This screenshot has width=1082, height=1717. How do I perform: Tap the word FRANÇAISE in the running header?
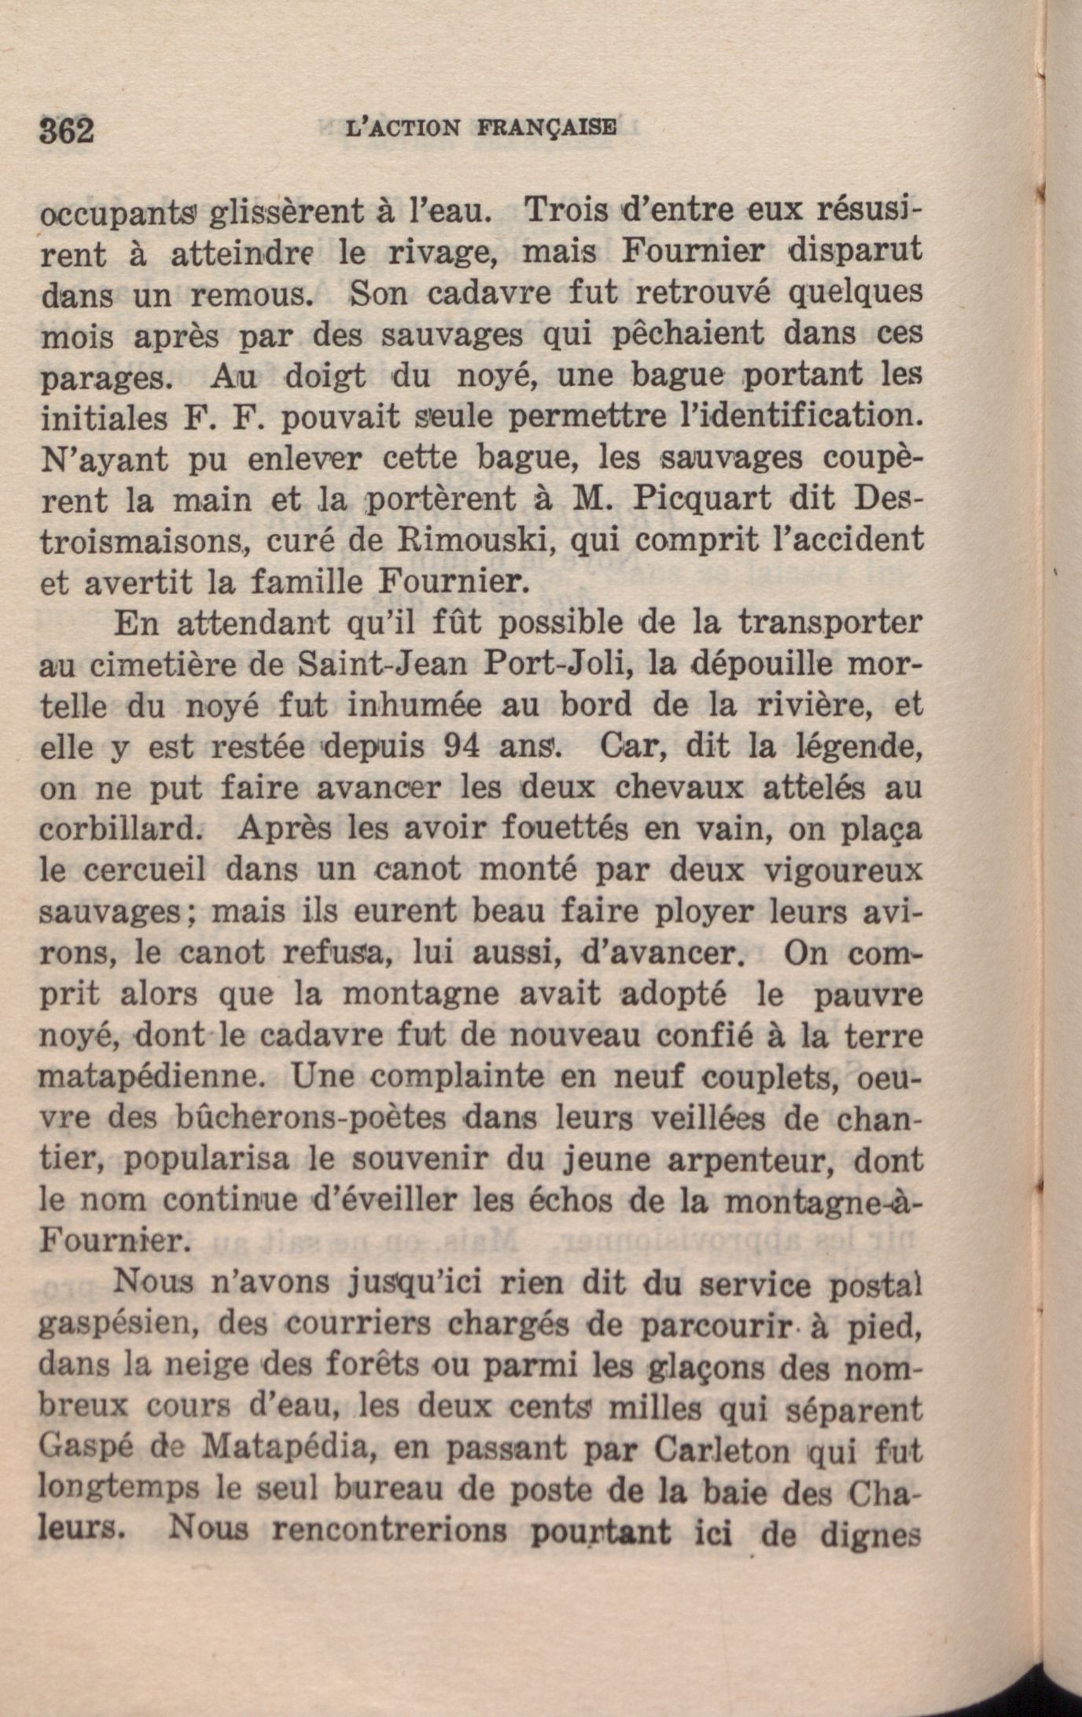tap(547, 128)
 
